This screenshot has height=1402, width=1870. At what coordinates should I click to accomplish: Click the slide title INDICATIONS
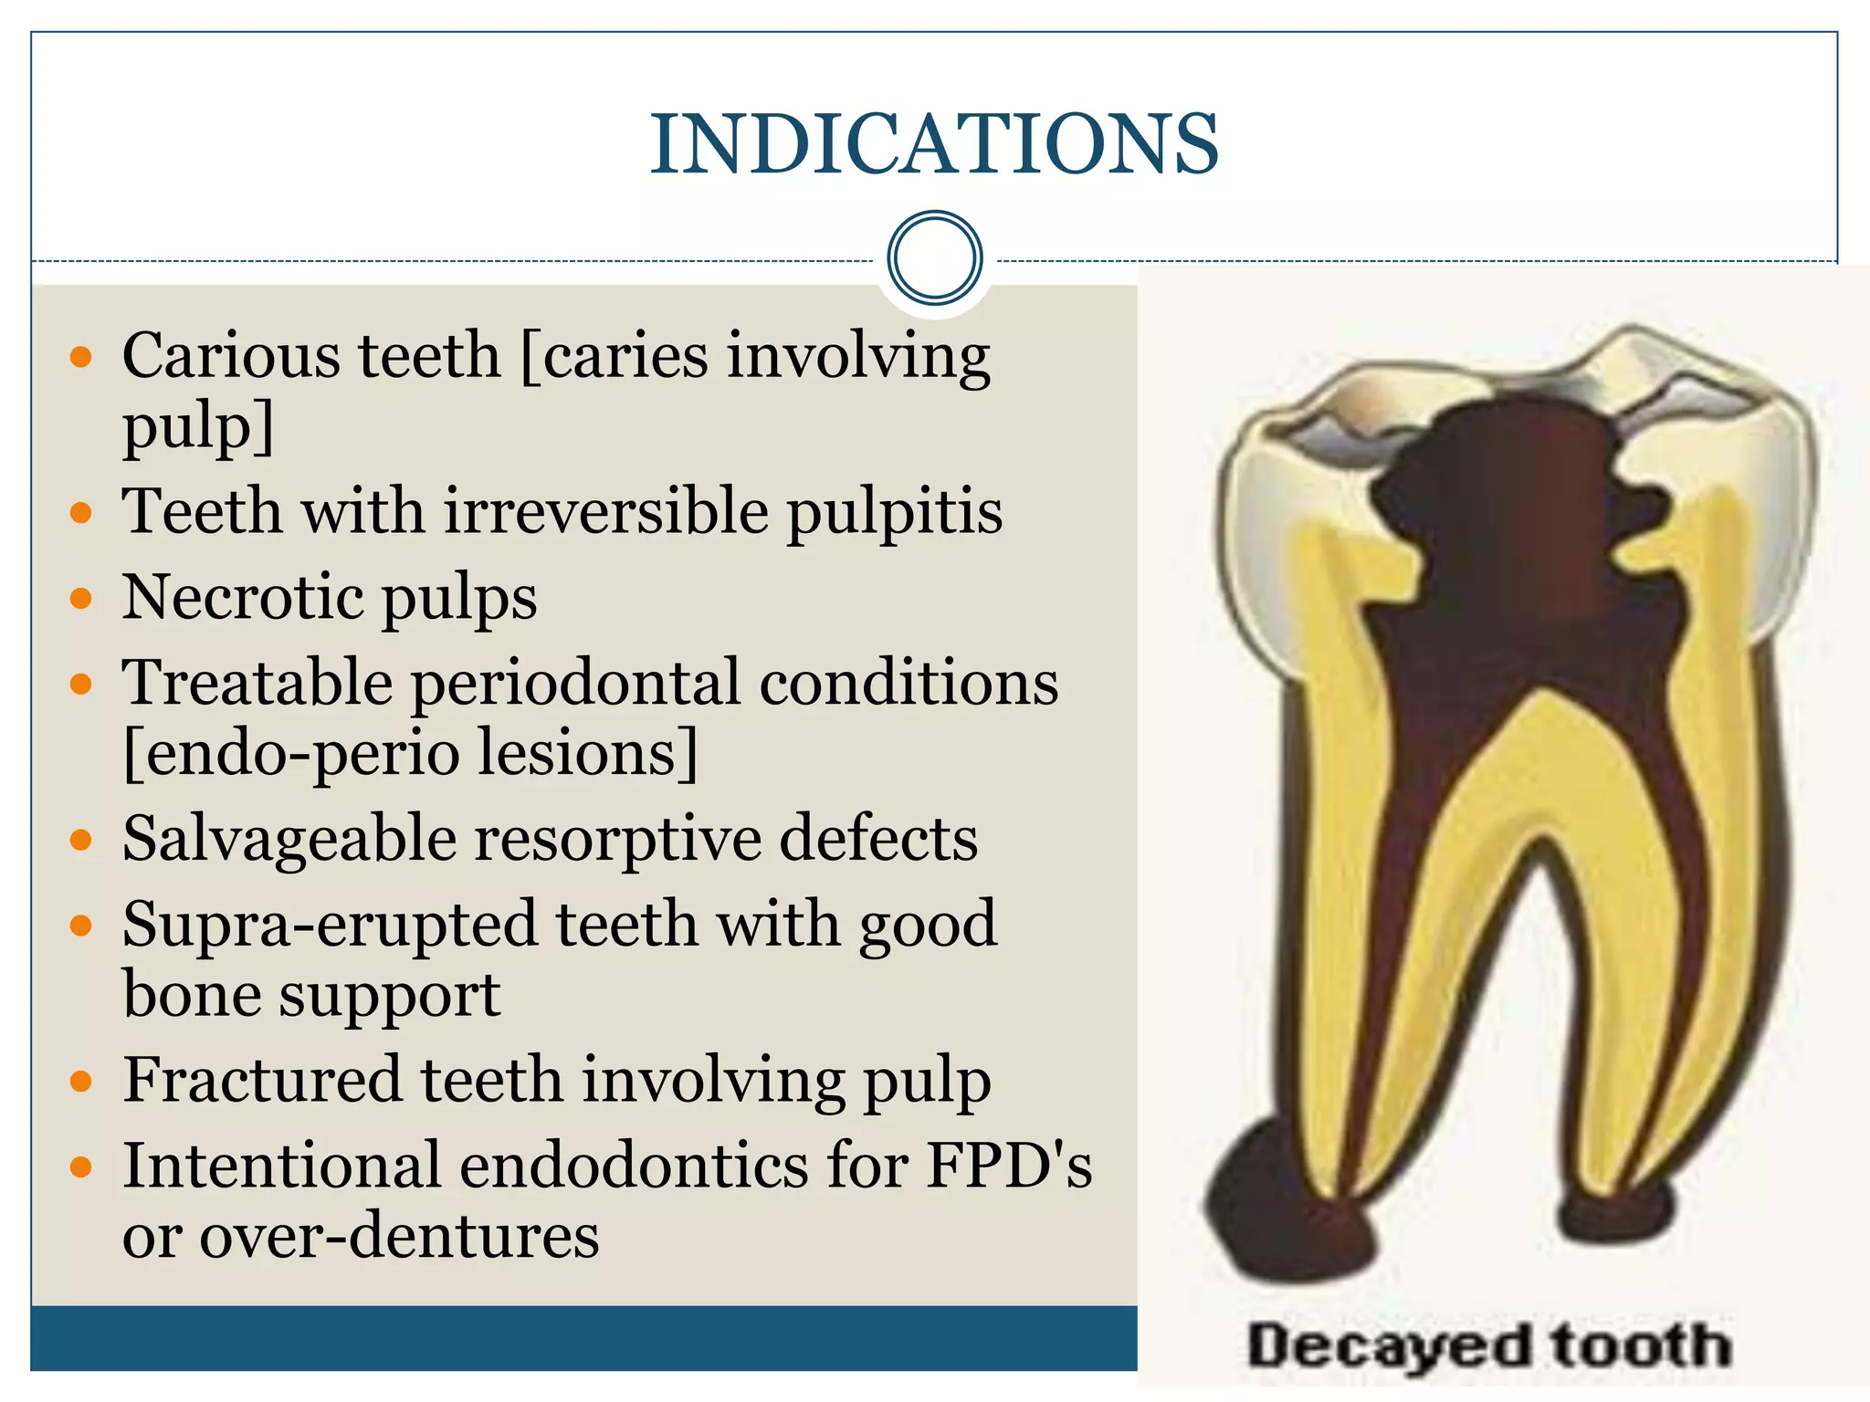click(934, 143)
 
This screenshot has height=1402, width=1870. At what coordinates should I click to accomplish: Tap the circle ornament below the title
click(934, 257)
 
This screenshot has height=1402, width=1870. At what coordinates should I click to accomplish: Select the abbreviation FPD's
click(1008, 1166)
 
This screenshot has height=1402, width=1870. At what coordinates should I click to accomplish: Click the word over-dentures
click(399, 1237)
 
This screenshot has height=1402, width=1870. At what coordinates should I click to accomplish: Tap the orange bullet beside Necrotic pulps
click(81, 600)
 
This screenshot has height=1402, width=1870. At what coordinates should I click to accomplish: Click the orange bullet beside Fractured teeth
click(81, 1083)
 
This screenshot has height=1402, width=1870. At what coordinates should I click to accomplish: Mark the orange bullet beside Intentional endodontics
click(81, 1167)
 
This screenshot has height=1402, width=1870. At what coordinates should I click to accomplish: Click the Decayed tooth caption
click(1488, 1346)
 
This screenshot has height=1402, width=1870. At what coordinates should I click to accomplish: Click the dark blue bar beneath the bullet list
click(584, 1337)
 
